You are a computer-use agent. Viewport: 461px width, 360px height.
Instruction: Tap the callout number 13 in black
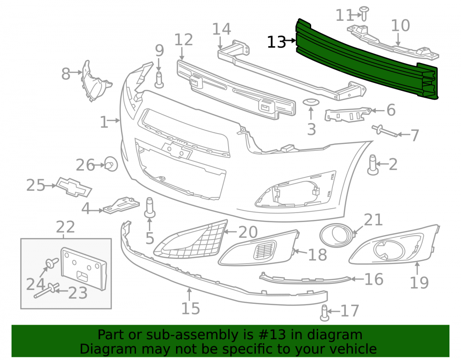pos(276,42)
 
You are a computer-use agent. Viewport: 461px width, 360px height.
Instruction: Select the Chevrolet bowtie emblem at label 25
pos(74,187)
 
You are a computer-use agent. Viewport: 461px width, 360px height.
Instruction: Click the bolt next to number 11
pos(364,13)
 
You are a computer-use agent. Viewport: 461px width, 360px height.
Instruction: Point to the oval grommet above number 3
pos(311,102)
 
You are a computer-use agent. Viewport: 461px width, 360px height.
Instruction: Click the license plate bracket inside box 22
pos(84,269)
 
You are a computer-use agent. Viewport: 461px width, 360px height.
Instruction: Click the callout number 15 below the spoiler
pos(190,308)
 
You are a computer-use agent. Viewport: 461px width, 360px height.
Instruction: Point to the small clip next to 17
pos(324,313)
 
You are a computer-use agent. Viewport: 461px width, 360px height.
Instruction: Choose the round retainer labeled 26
pos(111,164)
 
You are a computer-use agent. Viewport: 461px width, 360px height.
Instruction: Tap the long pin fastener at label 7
pos(384,130)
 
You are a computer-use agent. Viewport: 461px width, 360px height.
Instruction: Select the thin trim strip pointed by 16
pos(305,279)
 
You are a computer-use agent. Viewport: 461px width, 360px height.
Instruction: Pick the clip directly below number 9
pos(159,79)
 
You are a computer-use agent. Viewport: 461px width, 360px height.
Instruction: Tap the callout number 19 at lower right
pos(419,283)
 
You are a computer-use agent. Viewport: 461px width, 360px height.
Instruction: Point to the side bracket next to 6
pos(348,114)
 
